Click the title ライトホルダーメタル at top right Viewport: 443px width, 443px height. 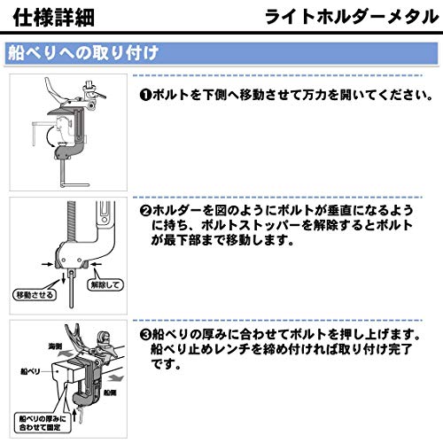click(x=354, y=18)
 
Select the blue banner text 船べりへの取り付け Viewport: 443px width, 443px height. click(x=83, y=51)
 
